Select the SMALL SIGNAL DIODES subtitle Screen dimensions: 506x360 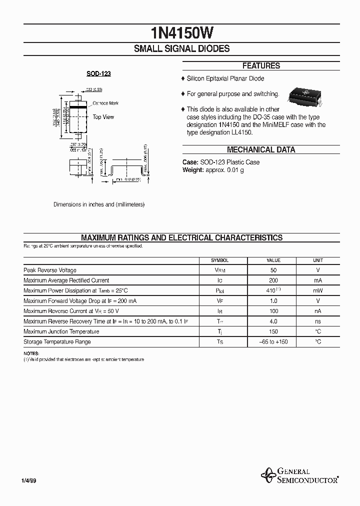pos(181,48)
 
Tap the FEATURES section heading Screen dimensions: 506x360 pos(261,65)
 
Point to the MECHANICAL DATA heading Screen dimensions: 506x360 pos(261,149)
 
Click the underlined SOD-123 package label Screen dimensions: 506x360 pos(98,73)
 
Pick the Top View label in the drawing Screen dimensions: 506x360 pos(103,117)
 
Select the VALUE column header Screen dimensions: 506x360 pos(273,260)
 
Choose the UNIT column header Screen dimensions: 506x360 pos(318,260)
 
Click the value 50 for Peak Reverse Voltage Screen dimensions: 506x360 pos(273,270)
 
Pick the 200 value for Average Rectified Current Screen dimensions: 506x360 pos(273,280)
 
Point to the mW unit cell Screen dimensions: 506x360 pos(318,290)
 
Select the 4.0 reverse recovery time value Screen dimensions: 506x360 pos(273,321)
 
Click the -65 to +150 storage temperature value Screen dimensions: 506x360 pos(273,342)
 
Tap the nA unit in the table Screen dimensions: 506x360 pos(318,311)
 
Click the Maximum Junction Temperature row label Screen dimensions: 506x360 pos(61,331)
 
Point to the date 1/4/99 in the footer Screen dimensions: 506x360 pos(28,480)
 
